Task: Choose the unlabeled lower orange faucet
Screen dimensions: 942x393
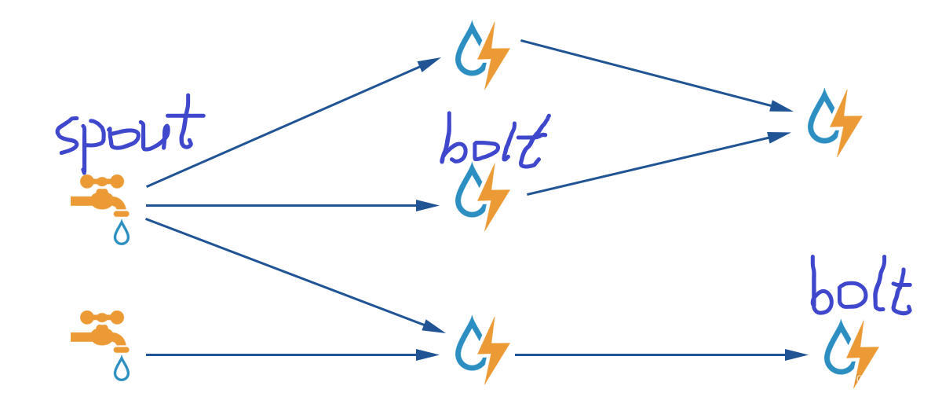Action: pos(99,330)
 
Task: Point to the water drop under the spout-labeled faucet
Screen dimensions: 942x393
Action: pos(122,233)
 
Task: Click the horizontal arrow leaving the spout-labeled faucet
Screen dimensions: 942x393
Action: pos(290,206)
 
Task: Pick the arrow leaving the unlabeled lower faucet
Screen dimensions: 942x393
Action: pos(290,355)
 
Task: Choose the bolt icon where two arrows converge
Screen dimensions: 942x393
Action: pos(834,122)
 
